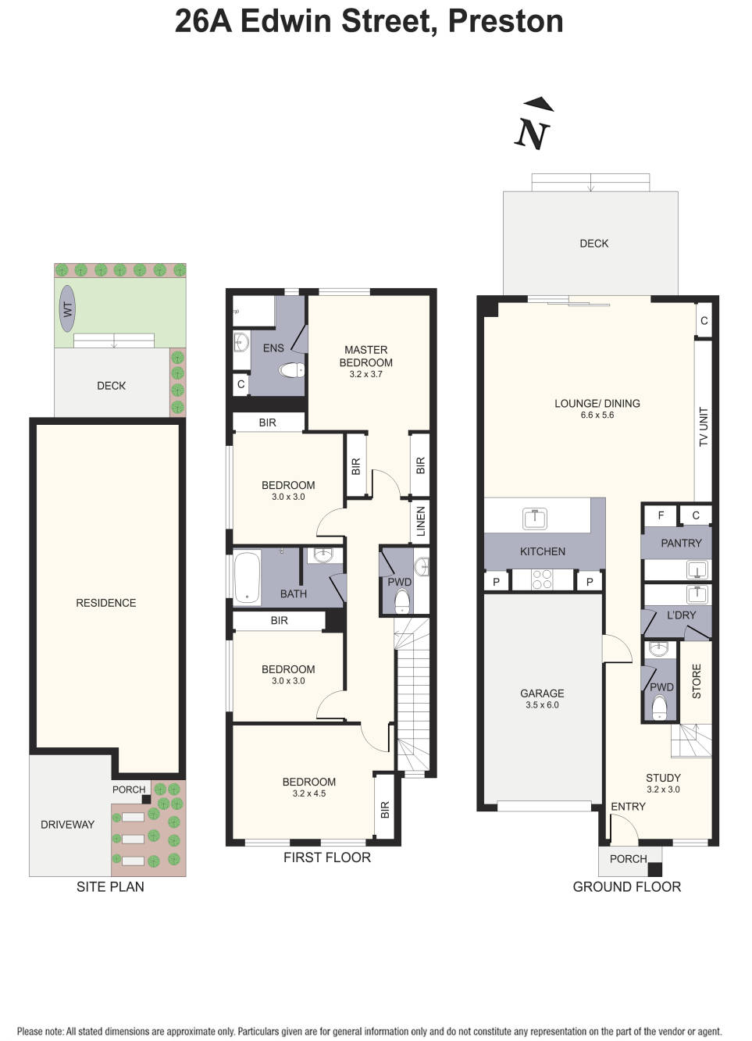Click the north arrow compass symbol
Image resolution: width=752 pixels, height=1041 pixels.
tap(534, 126)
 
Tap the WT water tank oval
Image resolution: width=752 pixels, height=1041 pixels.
tap(68, 309)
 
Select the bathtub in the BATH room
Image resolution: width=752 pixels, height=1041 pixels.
tap(248, 578)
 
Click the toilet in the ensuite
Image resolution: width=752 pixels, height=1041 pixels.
tap(293, 369)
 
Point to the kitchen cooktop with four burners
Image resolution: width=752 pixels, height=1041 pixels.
tap(541, 579)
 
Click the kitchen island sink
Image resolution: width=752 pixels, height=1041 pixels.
tap(535, 518)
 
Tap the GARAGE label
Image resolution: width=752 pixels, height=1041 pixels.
tap(542, 693)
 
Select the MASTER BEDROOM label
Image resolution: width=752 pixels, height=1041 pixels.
tap(365, 356)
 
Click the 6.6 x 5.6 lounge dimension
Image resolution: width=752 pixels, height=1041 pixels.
tap(597, 415)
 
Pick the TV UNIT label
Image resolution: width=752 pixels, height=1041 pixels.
tap(704, 426)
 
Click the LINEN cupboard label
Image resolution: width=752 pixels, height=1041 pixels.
tap(421, 521)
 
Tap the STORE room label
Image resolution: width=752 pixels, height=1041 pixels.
tap(697, 681)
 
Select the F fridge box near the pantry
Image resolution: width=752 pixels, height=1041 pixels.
tap(661, 515)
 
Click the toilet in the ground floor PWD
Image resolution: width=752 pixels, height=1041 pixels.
tap(659, 708)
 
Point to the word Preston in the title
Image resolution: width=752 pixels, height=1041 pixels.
tap(505, 21)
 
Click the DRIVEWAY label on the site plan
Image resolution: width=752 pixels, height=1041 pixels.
tap(67, 825)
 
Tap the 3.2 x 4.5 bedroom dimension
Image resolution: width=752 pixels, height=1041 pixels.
tap(308, 793)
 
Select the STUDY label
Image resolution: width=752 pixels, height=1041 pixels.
tap(663, 778)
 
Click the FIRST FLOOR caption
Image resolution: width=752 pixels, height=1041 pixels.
tap(326, 857)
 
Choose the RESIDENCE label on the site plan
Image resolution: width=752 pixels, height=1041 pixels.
tap(105, 603)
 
